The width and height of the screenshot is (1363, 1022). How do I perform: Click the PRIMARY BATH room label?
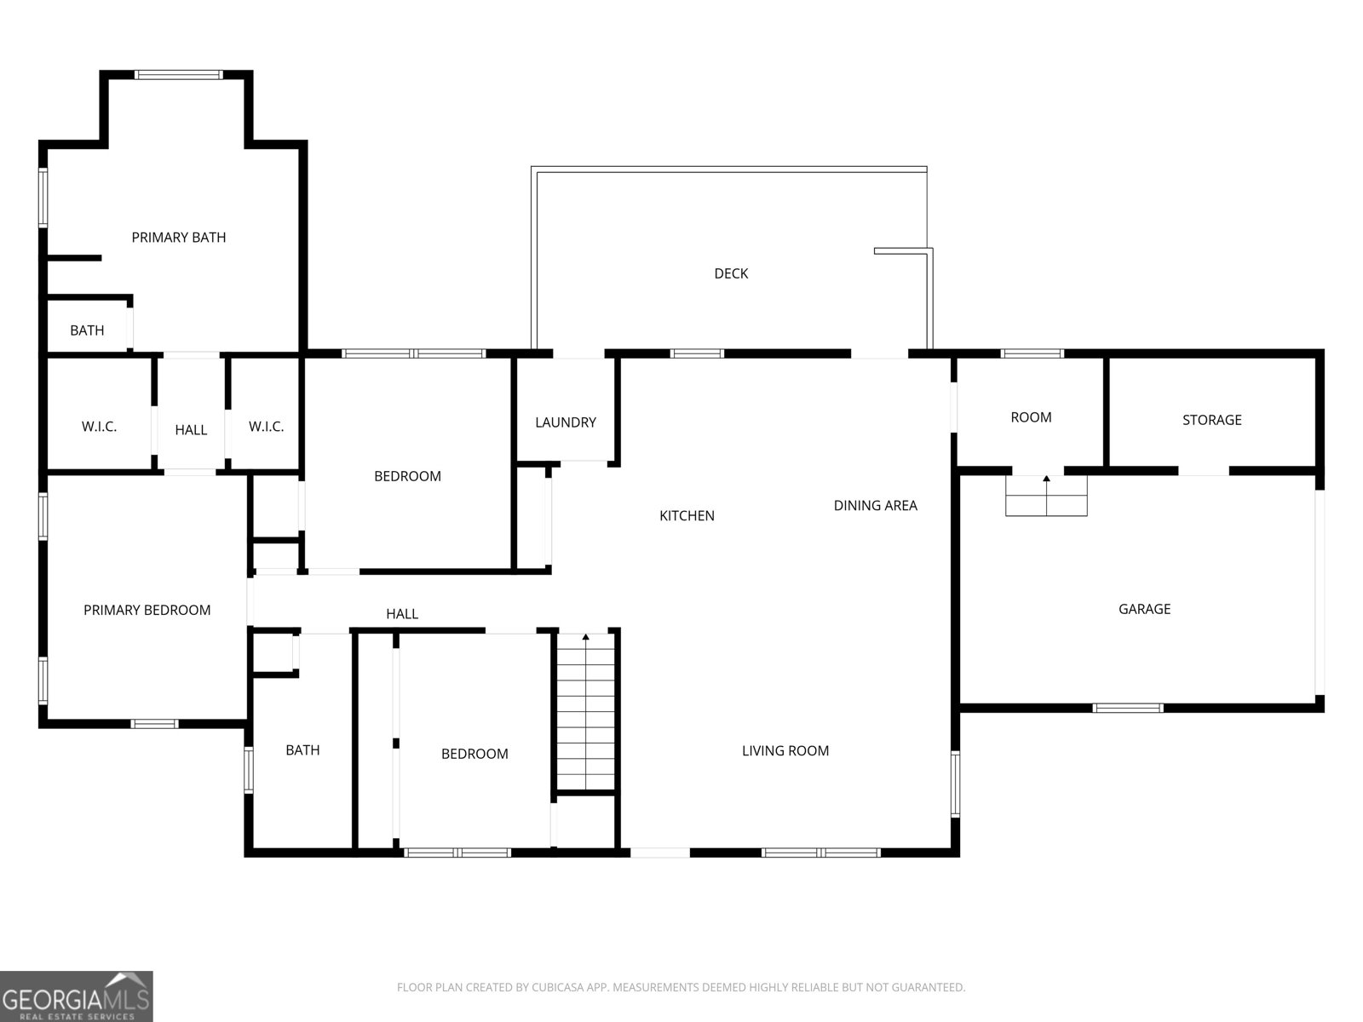tap(179, 238)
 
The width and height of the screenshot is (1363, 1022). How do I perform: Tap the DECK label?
tap(731, 273)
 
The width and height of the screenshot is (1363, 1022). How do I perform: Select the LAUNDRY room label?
tap(565, 422)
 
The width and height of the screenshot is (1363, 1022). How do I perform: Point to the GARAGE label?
tap(1144, 609)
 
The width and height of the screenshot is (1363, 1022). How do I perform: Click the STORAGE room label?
tap(1211, 420)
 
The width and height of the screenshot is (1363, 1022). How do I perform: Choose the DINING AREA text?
tap(875, 506)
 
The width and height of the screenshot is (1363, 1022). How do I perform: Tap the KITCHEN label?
tap(687, 516)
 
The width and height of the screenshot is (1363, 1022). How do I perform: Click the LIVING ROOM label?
tap(785, 751)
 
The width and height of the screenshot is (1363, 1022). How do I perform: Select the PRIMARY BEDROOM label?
tap(147, 611)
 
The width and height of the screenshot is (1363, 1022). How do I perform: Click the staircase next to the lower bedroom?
tap(585, 711)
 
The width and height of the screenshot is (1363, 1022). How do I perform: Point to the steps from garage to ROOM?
tap(1046, 496)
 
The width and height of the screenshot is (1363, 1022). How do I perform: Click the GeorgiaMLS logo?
tap(77, 996)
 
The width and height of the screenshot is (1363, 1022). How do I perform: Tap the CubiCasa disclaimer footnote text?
tap(681, 988)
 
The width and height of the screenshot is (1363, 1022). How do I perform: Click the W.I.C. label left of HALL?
tap(99, 427)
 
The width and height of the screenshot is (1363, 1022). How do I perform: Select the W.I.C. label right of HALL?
tap(266, 427)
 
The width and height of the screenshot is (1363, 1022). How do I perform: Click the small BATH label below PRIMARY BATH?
tap(87, 330)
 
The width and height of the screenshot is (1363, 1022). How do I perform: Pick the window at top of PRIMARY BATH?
tap(179, 75)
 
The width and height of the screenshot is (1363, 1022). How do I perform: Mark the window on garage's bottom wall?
tap(1127, 708)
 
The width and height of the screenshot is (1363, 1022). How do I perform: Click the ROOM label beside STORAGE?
tap(1031, 417)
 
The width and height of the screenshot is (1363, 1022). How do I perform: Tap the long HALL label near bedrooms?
tap(402, 614)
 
